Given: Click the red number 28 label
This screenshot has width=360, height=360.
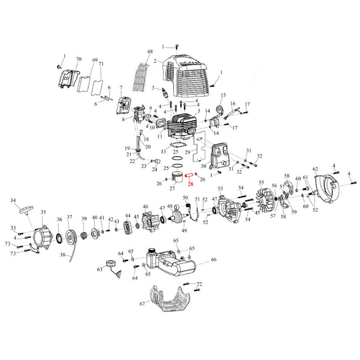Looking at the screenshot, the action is [x=190, y=184].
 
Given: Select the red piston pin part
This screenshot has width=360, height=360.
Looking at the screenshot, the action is [x=189, y=176].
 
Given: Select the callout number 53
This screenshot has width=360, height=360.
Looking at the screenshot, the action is [x=220, y=188].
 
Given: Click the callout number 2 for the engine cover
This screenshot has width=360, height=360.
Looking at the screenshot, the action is [x=155, y=61].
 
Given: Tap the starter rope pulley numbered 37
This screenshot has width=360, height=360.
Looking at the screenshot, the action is [x=71, y=237].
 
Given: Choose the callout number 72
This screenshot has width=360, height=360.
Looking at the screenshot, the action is [x=199, y=284].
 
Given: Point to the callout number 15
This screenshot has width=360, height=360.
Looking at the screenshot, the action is [x=223, y=95].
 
